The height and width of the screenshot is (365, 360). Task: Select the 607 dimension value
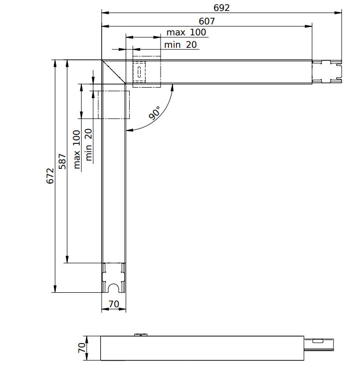click(206, 21)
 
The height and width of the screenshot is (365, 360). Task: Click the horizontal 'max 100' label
click(186, 32)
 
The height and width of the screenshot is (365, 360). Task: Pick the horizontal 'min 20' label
click(180, 45)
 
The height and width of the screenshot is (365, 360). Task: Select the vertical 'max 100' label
click(76, 149)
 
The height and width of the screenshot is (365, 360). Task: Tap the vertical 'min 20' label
click(89, 145)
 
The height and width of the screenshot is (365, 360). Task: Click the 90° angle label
click(155, 114)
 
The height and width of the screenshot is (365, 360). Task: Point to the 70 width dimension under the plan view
click(114, 303)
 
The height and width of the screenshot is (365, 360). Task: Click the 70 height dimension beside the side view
click(82, 347)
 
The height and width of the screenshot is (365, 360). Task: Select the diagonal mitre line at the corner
click(114, 72)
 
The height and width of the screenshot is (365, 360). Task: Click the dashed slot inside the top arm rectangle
click(140, 72)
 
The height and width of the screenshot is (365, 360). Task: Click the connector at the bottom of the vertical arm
click(114, 278)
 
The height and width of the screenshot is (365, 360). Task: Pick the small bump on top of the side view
click(141, 335)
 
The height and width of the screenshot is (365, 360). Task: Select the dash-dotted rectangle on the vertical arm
click(113, 104)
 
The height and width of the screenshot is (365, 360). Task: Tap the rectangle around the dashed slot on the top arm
click(147, 72)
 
